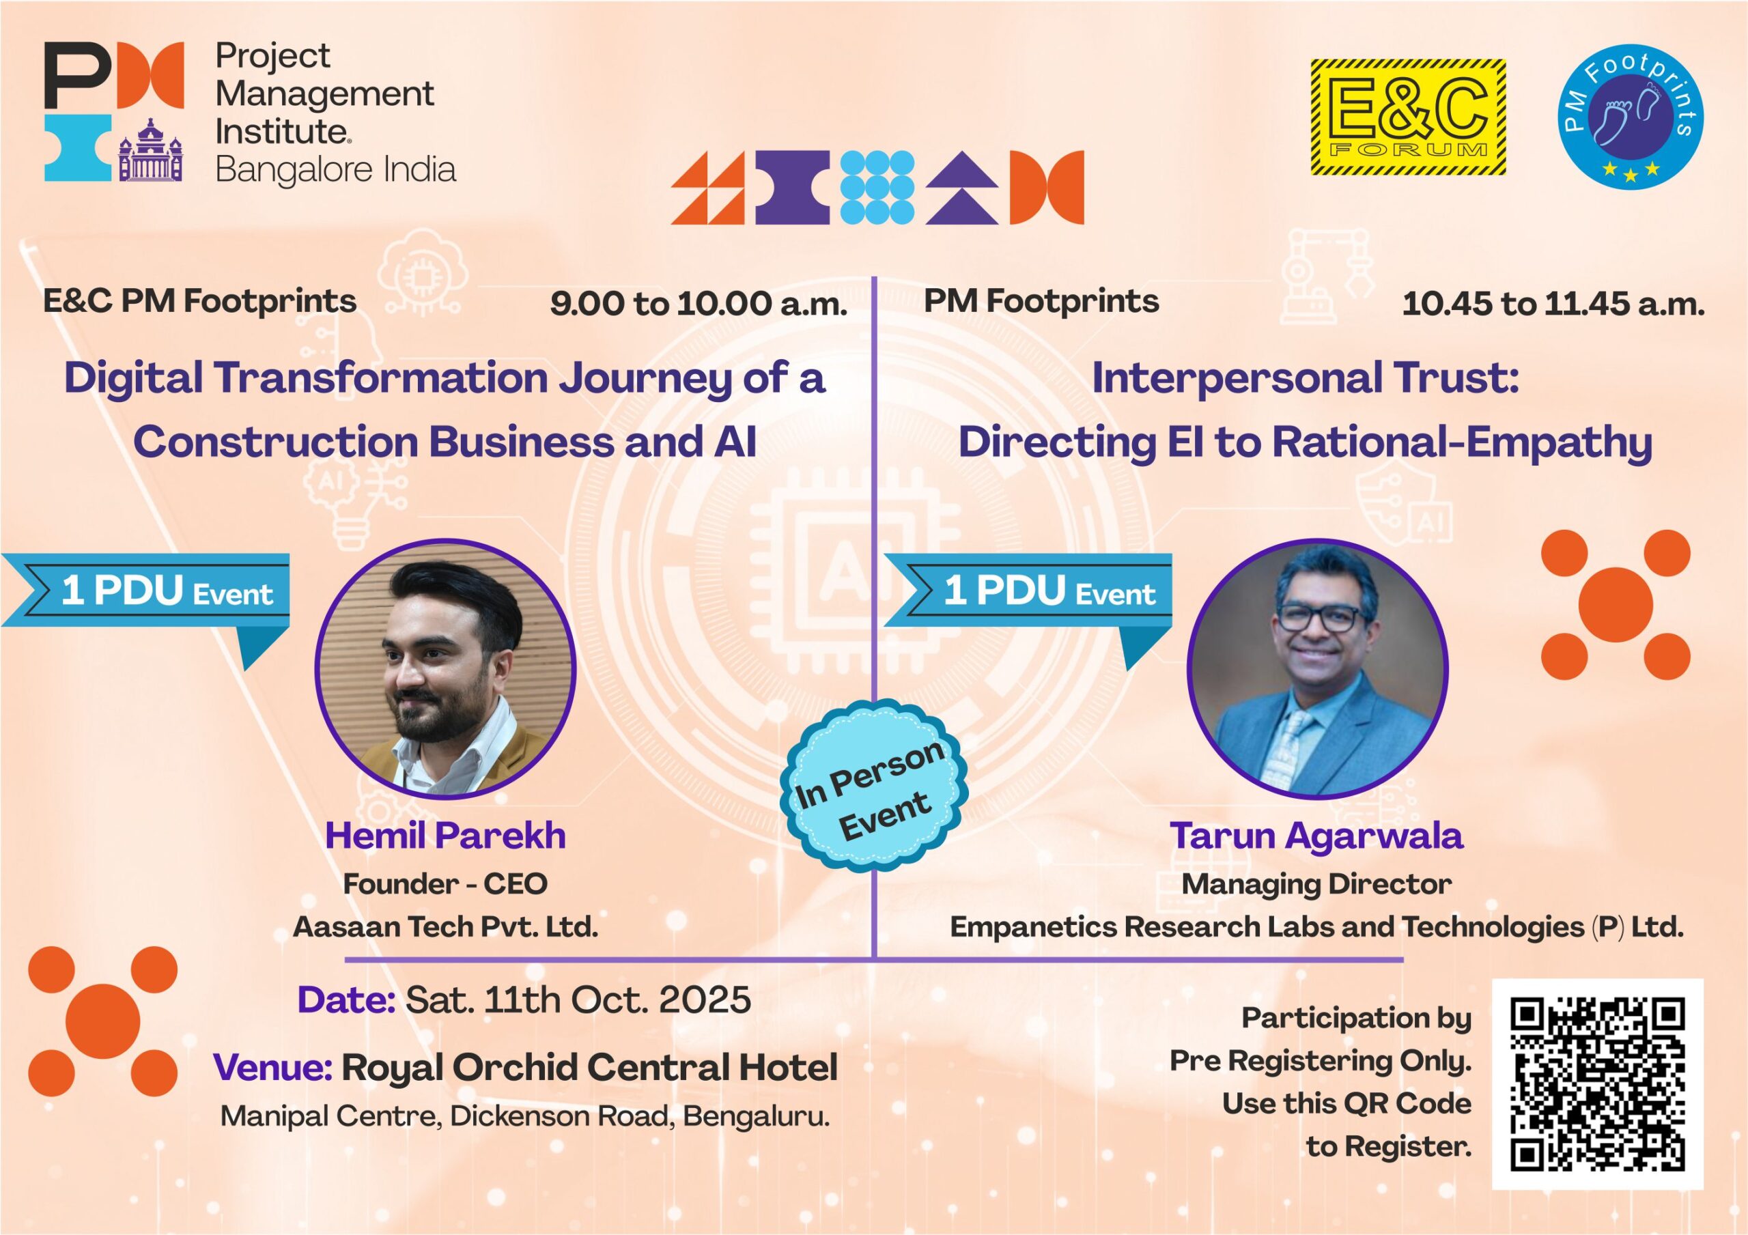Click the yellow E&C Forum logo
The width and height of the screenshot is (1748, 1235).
[x=1408, y=118]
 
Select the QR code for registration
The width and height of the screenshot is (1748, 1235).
[x=1597, y=1083]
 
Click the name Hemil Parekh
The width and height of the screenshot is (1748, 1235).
[x=445, y=835]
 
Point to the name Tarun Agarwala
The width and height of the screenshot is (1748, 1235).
[x=1316, y=835]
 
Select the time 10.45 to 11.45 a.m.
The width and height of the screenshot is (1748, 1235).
[x=1553, y=304]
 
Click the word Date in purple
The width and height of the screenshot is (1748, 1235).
[x=346, y=999]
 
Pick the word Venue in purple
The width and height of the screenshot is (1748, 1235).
[x=272, y=1067]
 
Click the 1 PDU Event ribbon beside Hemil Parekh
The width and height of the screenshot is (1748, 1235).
[x=145, y=601]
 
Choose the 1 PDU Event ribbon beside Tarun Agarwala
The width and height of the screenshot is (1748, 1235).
[x=1028, y=601]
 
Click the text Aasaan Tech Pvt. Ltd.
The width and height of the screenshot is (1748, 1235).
[x=445, y=926]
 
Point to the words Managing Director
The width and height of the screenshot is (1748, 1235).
[x=1316, y=884]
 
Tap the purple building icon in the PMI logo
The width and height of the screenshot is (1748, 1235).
[x=151, y=150]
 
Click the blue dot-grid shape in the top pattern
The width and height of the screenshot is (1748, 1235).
[x=877, y=187]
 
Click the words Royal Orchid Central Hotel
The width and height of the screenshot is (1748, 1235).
[x=589, y=1067]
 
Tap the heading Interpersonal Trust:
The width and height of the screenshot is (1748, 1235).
[x=1306, y=378]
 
